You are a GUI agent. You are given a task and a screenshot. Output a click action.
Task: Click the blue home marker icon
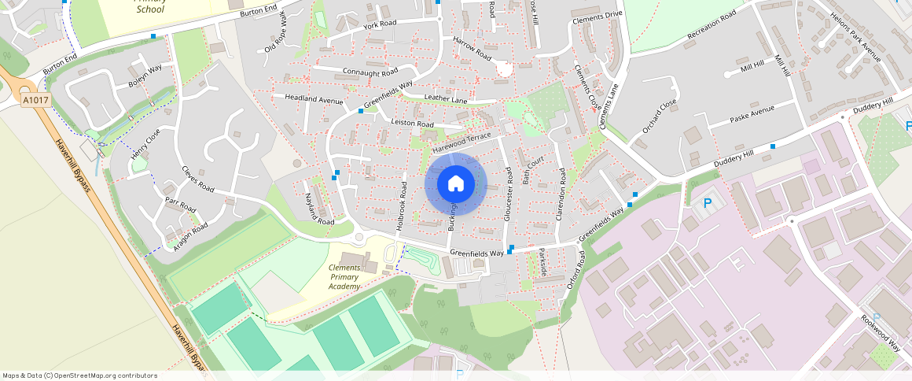pyautogui.click(x=455, y=184)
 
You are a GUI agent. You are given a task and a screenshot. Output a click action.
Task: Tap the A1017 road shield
pyautogui.click(x=35, y=101)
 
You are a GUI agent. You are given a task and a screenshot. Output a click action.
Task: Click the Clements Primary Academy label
pyautogui.click(x=345, y=277)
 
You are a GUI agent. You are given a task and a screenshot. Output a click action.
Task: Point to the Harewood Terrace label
pyautogui.click(x=462, y=142)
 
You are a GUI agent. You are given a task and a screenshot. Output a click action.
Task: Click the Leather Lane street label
pyautogui.click(x=446, y=98)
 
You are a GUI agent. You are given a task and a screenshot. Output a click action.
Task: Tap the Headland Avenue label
pyautogui.click(x=314, y=101)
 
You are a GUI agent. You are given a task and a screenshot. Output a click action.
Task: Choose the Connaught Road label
pyautogui.click(x=371, y=72)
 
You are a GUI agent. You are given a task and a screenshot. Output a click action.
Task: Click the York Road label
pyautogui.click(x=380, y=25)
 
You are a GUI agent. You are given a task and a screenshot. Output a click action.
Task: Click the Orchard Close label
pyautogui.click(x=659, y=116)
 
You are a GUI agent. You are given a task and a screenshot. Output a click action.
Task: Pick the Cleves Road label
pyautogui.click(x=197, y=178)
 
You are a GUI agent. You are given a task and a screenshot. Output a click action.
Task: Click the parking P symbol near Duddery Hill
pyautogui.click(x=707, y=203)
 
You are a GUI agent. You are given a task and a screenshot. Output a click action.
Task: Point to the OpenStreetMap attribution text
pyautogui.click(x=79, y=375)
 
